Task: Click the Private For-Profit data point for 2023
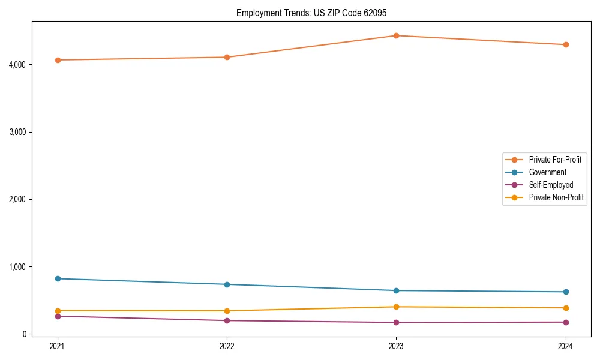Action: click(x=396, y=35)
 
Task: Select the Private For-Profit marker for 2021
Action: click(x=58, y=60)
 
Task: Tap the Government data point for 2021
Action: click(x=58, y=278)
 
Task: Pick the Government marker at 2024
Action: click(x=565, y=292)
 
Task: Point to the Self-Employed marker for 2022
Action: click(x=227, y=320)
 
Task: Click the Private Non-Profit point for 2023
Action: click(x=396, y=307)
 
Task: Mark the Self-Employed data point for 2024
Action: click(x=565, y=322)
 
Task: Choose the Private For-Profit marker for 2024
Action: click(x=565, y=44)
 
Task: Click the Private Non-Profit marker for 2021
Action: click(x=58, y=311)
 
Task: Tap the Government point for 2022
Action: click(x=227, y=284)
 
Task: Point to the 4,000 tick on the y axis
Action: click(x=19, y=64)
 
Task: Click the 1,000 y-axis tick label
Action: click(x=19, y=266)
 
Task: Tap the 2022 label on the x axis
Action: click(x=227, y=346)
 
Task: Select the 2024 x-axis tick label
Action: click(x=565, y=346)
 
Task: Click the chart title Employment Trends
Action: click(x=310, y=13)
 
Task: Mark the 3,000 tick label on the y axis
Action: click(x=19, y=132)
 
